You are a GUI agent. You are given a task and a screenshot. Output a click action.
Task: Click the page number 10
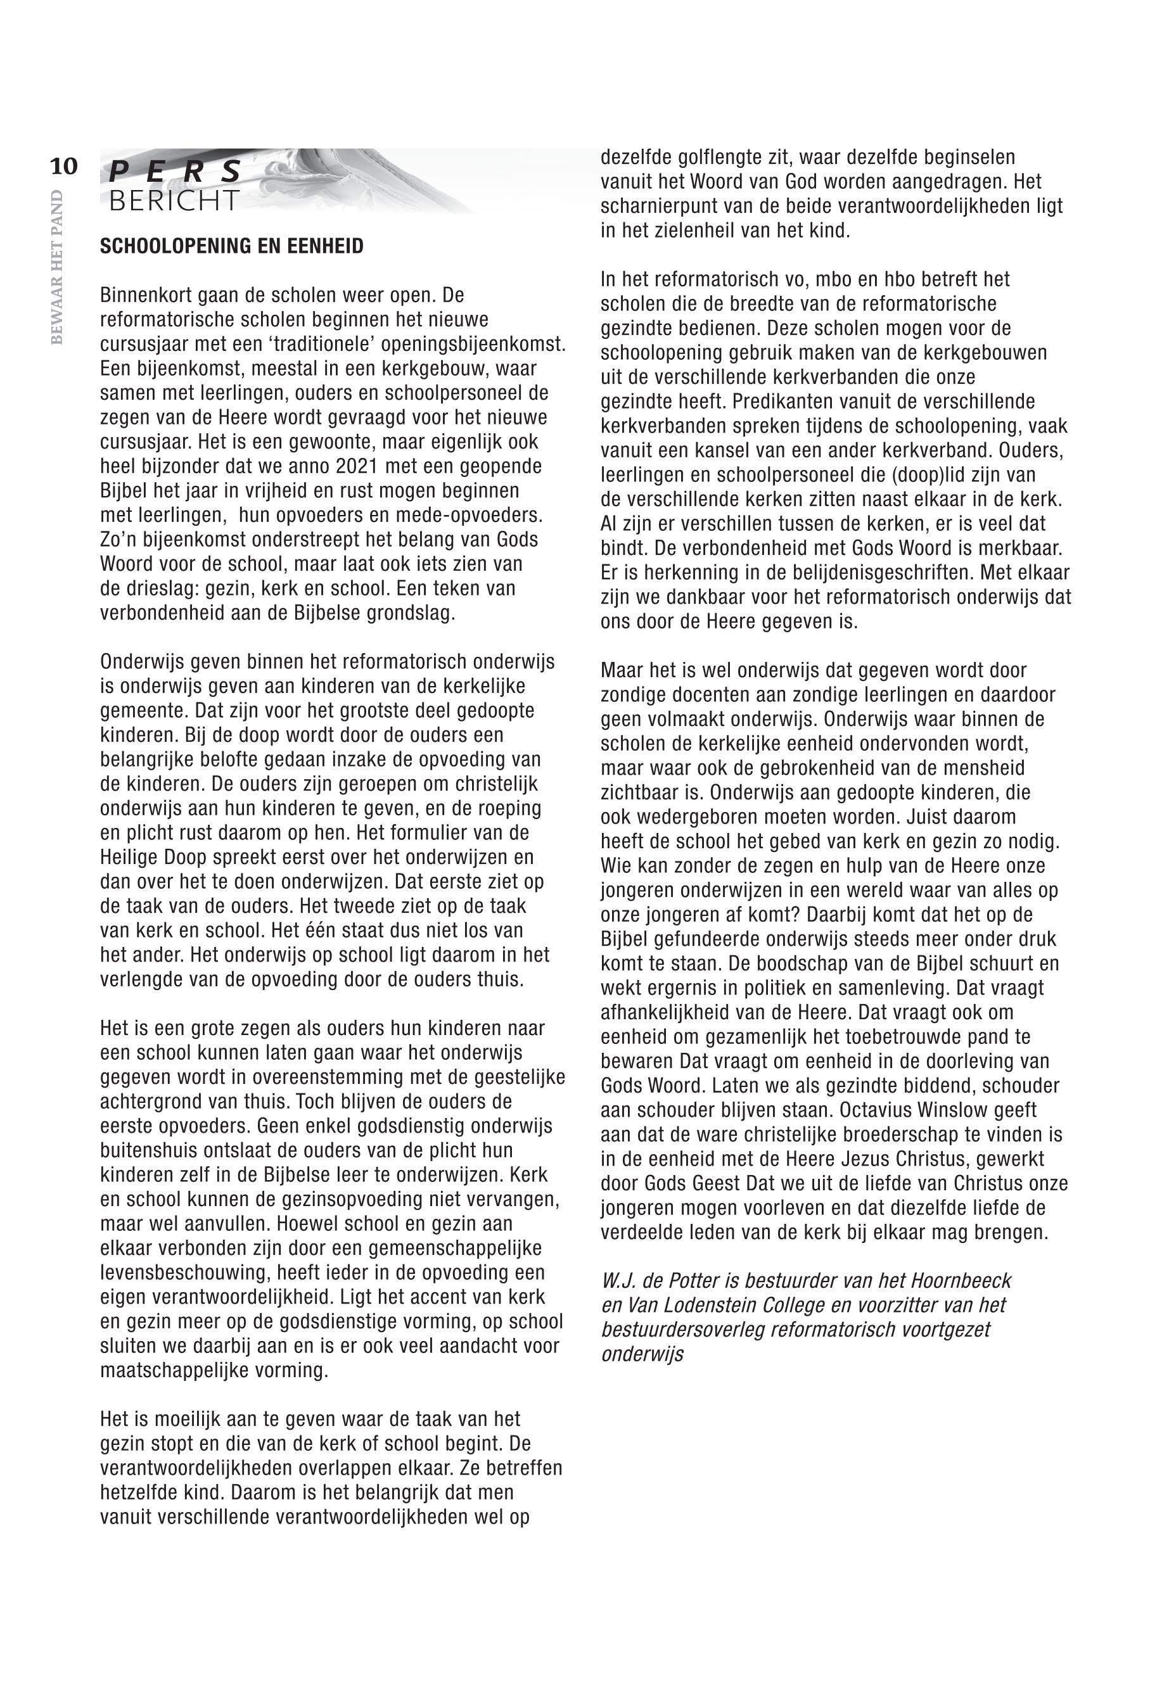64,167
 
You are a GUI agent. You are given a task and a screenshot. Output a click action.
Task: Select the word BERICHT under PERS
174,201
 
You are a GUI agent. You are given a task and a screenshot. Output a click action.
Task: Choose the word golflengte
727,158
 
